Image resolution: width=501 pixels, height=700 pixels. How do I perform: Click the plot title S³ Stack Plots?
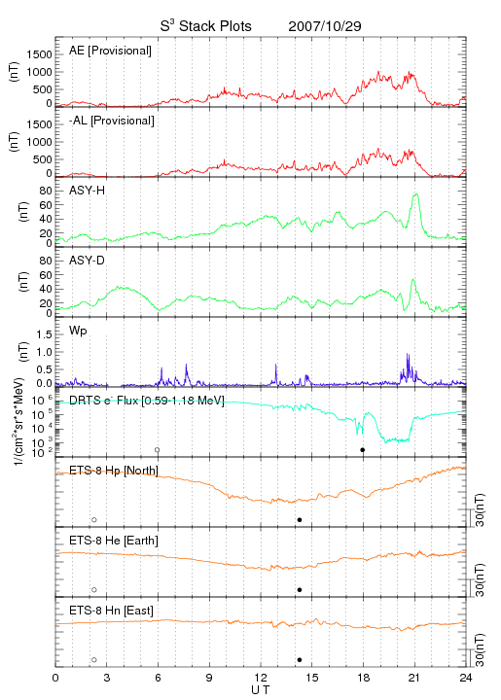pos(206,26)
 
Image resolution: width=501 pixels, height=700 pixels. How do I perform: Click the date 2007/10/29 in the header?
pos(325,26)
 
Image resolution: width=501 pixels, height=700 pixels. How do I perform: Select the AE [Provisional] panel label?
pos(110,51)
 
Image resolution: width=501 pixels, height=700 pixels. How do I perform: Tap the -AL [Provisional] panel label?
pos(112,121)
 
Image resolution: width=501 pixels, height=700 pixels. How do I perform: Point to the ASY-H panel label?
pos(88,191)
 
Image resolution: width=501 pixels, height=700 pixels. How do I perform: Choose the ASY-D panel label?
pos(88,261)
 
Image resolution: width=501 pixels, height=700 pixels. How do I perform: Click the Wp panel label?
pos(78,331)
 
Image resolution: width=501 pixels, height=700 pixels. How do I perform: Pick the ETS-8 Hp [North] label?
pos(114,471)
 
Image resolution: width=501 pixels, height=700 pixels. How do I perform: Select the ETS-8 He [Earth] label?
pos(114,541)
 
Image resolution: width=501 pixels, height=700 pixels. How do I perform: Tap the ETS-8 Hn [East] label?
pos(111,611)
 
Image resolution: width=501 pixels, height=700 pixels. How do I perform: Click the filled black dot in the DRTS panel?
pos(363,450)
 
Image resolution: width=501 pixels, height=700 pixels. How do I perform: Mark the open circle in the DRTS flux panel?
pos(158,450)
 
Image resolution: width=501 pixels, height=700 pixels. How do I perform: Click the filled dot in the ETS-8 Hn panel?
pos(300,660)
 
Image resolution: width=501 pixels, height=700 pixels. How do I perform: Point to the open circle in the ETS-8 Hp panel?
pos(94,519)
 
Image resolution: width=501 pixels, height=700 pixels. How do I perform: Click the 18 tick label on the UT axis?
pos(364,678)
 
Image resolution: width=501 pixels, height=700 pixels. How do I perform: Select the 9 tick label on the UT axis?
pos(209,678)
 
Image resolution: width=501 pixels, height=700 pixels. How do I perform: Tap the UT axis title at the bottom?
pos(261,690)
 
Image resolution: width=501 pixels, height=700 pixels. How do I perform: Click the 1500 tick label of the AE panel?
pos(40,54)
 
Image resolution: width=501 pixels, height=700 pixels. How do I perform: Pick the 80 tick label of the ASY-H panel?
pos(46,192)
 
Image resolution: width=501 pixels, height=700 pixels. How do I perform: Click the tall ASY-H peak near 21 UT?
pos(416,194)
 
